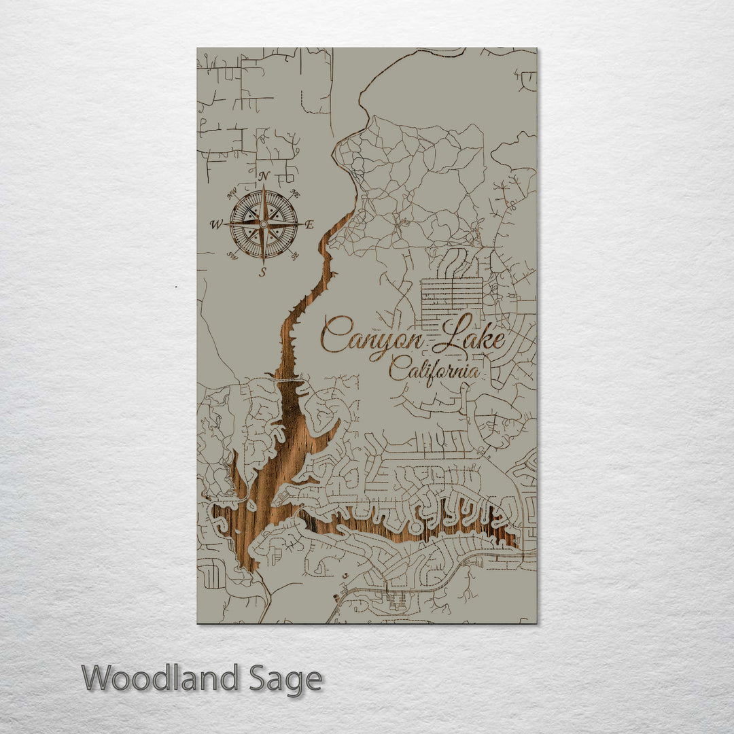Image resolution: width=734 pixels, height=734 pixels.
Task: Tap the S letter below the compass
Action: coord(263,272)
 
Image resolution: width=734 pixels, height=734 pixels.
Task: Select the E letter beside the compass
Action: coord(309,225)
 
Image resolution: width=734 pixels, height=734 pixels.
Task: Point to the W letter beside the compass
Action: coord(216,224)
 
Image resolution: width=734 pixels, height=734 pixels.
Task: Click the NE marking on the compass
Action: coord(295,194)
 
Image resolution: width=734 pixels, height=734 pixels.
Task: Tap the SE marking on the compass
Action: coord(294,256)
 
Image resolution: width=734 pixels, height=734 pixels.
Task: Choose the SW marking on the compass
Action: coord(232,256)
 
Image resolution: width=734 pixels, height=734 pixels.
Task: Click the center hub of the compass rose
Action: coord(264,224)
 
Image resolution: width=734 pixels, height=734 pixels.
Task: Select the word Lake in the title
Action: coord(471,335)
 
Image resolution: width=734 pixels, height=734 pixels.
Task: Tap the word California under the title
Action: coord(434,372)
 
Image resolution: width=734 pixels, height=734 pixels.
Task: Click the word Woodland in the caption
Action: coord(160,679)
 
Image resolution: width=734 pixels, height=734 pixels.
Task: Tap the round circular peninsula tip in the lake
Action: coord(415,527)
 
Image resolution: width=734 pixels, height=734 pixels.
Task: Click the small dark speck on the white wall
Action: coord(176,287)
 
